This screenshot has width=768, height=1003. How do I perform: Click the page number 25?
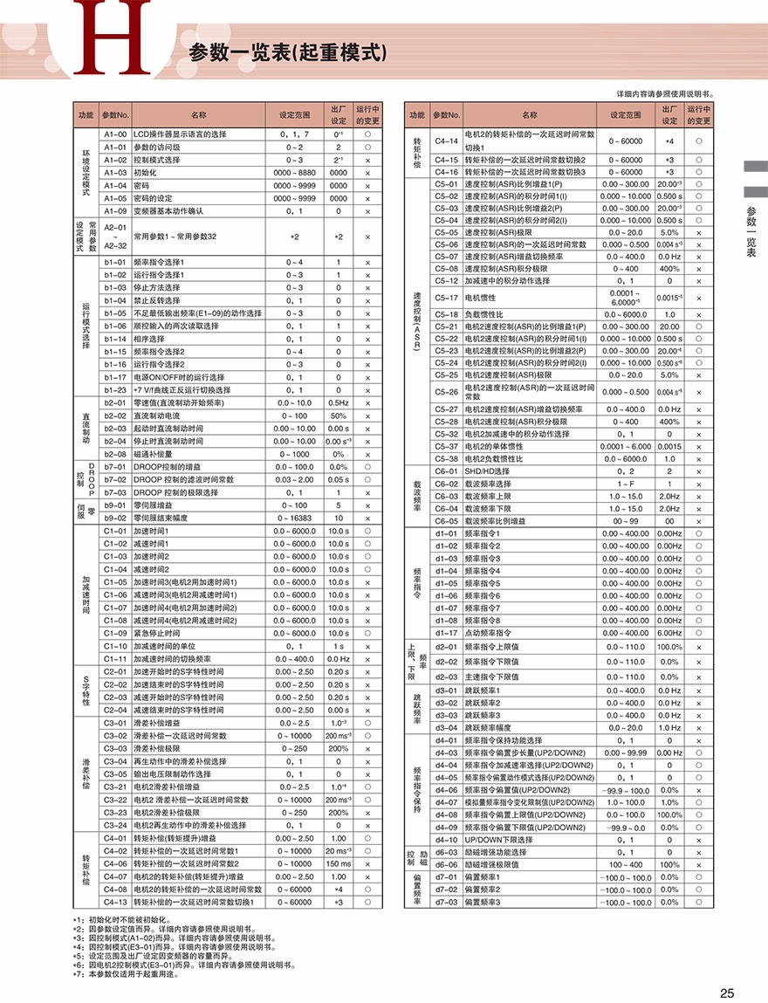[x=727, y=992]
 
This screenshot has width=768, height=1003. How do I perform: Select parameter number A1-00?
[x=115, y=134]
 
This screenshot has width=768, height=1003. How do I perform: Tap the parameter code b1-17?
[x=115, y=377]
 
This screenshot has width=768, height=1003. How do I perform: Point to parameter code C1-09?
[x=115, y=633]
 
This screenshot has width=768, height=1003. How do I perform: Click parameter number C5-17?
[x=447, y=298]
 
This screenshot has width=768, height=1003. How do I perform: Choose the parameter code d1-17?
[x=447, y=633]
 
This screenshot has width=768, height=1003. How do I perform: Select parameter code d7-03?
[x=447, y=902]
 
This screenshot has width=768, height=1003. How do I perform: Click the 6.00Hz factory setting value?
[x=669, y=633]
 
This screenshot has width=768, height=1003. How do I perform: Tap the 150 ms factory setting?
[x=338, y=863]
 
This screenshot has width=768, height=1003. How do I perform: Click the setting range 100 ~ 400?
[x=626, y=864]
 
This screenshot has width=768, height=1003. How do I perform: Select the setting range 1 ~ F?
[x=626, y=483]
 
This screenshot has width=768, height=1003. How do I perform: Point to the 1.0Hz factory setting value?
[x=669, y=727]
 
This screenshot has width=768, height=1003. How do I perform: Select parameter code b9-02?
[x=115, y=518]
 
